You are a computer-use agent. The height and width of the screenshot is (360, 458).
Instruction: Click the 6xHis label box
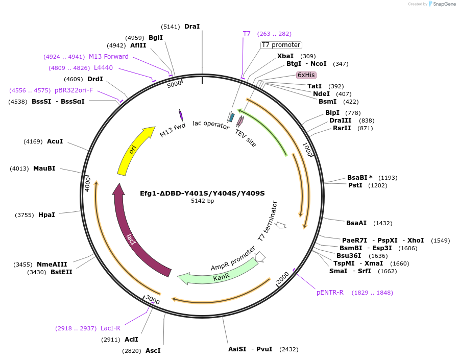306,75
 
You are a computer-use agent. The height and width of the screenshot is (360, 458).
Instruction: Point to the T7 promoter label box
281,45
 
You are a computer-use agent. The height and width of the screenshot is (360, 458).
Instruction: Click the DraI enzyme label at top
192,26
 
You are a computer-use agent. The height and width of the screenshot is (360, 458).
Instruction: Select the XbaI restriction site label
285,56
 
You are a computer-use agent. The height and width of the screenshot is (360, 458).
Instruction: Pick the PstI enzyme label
355,185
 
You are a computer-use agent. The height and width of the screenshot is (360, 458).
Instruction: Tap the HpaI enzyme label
46,215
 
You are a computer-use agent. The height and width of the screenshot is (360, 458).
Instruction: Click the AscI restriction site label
153,351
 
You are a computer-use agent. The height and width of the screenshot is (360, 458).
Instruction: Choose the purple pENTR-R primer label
330,293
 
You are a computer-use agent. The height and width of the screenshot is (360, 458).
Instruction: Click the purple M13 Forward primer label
109,57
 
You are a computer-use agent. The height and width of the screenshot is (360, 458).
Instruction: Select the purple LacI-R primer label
110,328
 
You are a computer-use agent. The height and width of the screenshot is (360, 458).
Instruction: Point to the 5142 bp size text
202,201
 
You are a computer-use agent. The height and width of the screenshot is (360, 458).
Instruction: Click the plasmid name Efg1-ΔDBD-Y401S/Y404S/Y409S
202,193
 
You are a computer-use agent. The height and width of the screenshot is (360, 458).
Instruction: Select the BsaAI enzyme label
356,223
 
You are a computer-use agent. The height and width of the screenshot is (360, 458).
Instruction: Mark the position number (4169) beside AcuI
33,141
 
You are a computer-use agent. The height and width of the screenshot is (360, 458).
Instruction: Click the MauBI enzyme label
44,168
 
